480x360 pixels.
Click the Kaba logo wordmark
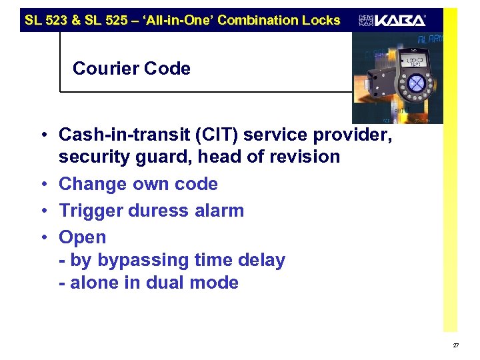[400, 20]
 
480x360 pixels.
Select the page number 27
[455, 345]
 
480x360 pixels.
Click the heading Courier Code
[131, 69]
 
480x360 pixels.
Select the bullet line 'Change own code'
[139, 184]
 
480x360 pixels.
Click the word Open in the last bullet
[83, 237]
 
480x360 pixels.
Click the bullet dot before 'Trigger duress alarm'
[42, 211]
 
